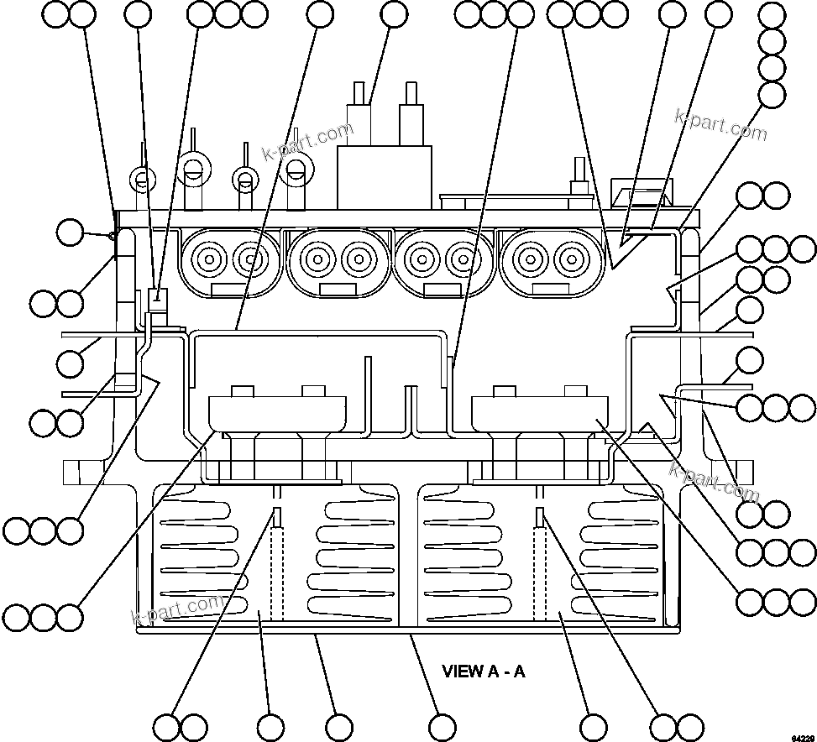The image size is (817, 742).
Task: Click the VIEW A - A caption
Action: [x=484, y=671]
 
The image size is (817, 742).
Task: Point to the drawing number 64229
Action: [x=801, y=736]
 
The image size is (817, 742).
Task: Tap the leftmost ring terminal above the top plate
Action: [x=142, y=178]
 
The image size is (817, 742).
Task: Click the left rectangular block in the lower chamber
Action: [x=277, y=411]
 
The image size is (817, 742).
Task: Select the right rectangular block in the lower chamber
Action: [x=541, y=411]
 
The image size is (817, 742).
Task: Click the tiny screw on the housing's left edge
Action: [x=113, y=236]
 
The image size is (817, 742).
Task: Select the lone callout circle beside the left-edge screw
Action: [x=71, y=233]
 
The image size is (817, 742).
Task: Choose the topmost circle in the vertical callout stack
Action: [x=772, y=16]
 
